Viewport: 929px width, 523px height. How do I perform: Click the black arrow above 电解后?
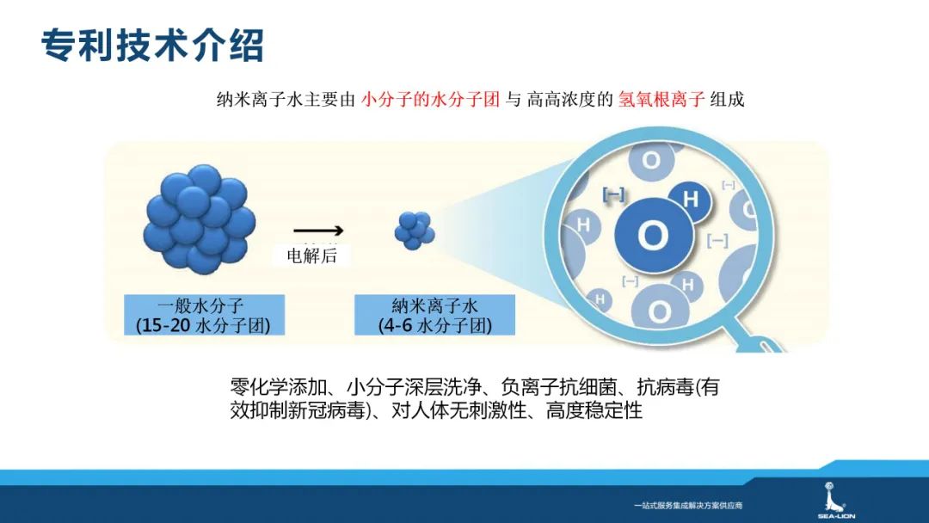[317, 231]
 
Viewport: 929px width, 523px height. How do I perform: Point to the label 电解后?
[311, 255]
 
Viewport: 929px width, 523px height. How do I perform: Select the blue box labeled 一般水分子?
[203, 314]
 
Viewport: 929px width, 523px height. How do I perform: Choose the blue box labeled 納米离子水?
[434, 314]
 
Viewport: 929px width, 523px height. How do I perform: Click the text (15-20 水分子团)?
[203, 326]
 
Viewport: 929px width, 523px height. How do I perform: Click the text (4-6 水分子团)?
[434, 326]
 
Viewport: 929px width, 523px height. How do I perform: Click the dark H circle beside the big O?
[691, 200]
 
